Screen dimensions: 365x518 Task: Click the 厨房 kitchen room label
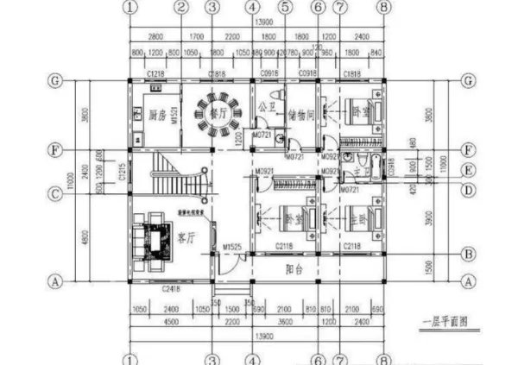tap(155, 114)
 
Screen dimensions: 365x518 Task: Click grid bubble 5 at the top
tap(285, 8)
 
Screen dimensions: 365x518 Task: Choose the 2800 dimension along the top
tap(155, 38)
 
